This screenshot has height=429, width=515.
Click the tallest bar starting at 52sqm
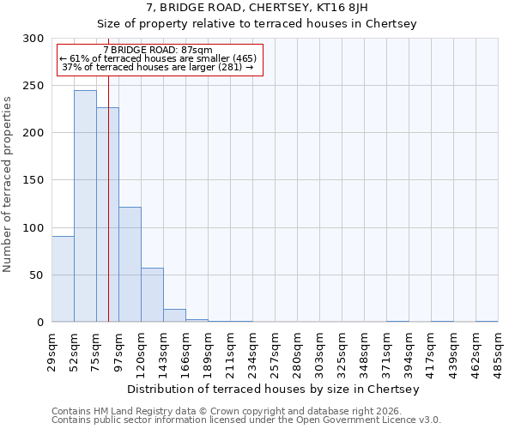point(85,206)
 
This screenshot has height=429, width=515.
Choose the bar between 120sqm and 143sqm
point(152,294)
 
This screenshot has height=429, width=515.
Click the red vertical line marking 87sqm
point(109,172)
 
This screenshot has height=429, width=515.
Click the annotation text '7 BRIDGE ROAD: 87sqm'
point(157,51)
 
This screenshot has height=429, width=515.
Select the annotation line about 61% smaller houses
point(157,58)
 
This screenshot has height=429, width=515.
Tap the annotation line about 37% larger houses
point(157,67)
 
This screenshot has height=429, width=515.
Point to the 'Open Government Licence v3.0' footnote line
point(246,420)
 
